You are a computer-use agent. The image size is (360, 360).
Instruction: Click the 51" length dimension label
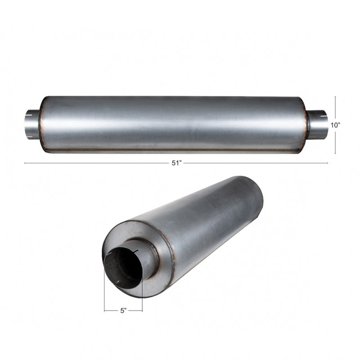(177, 163)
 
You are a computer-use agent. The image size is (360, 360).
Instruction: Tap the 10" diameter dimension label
(335, 125)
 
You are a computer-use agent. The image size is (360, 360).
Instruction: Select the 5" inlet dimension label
(123, 311)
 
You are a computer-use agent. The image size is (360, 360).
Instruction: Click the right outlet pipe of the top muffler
(318, 125)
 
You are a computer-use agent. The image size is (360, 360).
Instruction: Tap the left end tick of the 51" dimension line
(25, 163)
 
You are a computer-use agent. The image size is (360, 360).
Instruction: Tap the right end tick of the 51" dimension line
(328, 163)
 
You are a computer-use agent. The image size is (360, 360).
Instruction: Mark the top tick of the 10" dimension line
(335, 97)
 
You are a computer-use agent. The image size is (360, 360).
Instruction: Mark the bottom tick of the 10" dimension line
(335, 153)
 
